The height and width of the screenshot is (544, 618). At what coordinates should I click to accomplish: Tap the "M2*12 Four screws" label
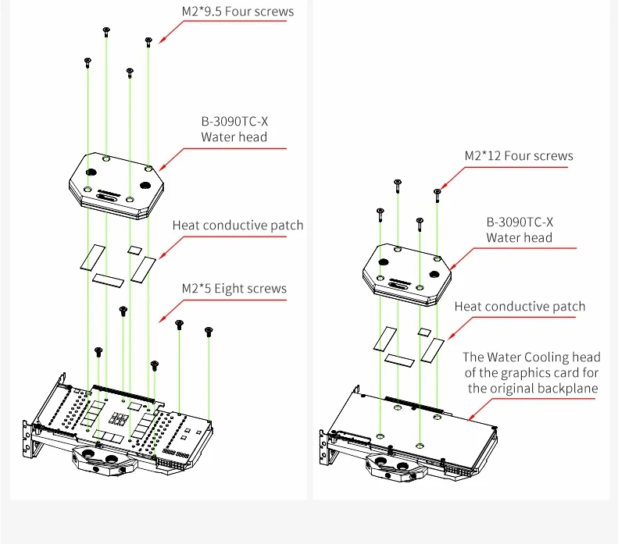tap(519, 156)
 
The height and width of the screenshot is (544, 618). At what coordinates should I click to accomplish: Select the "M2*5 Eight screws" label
tap(234, 289)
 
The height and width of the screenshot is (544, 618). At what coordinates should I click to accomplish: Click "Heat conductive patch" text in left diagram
tap(238, 226)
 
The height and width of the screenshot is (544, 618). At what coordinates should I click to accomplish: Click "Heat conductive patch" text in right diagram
tap(520, 307)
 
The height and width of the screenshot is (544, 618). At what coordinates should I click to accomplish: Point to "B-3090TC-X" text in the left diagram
tap(234, 122)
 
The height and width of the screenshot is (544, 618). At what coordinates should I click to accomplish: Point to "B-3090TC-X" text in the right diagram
tap(520, 222)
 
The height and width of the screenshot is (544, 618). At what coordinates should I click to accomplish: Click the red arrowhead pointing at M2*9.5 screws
tap(163, 40)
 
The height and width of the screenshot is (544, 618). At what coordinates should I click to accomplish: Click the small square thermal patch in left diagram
tap(134, 250)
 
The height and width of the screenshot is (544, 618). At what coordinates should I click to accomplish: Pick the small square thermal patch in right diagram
tap(424, 331)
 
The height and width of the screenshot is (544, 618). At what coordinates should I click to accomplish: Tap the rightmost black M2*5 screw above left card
tap(209, 332)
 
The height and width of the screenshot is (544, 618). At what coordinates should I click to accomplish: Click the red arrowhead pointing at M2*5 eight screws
tap(162, 319)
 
